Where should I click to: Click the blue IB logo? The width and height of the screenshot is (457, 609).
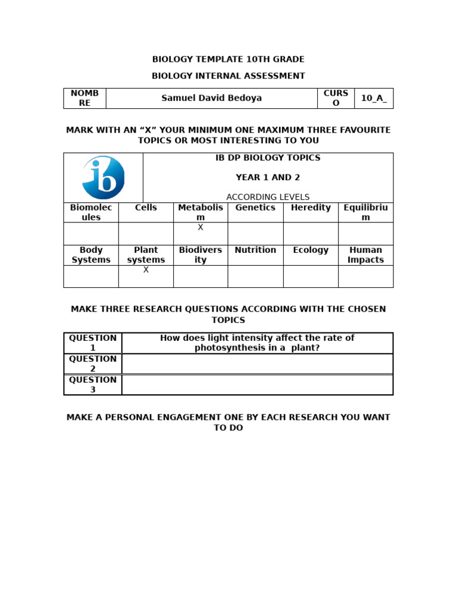pyautogui.click(x=103, y=177)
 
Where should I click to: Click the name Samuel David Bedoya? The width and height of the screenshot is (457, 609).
pyautogui.click(x=211, y=98)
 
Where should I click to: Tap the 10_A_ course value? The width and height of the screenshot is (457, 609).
pyautogui.click(x=374, y=98)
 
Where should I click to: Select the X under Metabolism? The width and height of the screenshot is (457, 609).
pyautogui.click(x=201, y=227)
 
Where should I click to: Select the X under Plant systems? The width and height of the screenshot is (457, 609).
pyautogui.click(x=146, y=270)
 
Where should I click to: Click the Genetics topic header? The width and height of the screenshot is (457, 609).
pyautogui.click(x=255, y=208)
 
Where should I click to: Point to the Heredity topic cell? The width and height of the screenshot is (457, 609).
pyautogui.click(x=311, y=208)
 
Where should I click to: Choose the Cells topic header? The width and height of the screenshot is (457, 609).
pyautogui.click(x=146, y=208)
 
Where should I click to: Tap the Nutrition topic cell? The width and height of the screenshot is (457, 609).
pyautogui.click(x=255, y=250)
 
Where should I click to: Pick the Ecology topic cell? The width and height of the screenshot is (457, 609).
pyautogui.click(x=311, y=250)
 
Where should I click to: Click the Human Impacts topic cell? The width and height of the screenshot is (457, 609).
pyautogui.click(x=365, y=255)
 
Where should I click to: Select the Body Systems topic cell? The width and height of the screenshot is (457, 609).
pyautogui.click(x=91, y=255)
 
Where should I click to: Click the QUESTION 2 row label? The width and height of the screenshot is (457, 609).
pyautogui.click(x=93, y=364)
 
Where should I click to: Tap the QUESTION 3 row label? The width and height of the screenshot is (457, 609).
pyautogui.click(x=93, y=385)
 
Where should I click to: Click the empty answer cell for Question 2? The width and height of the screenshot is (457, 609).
pyautogui.click(x=257, y=364)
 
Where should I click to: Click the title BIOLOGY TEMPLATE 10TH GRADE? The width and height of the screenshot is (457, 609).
pyautogui.click(x=228, y=59)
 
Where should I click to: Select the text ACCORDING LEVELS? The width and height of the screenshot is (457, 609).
pyautogui.click(x=268, y=197)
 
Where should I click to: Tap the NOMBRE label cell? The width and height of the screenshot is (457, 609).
pyautogui.click(x=84, y=98)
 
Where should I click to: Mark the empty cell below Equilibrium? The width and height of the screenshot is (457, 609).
pyautogui.click(x=365, y=234)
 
